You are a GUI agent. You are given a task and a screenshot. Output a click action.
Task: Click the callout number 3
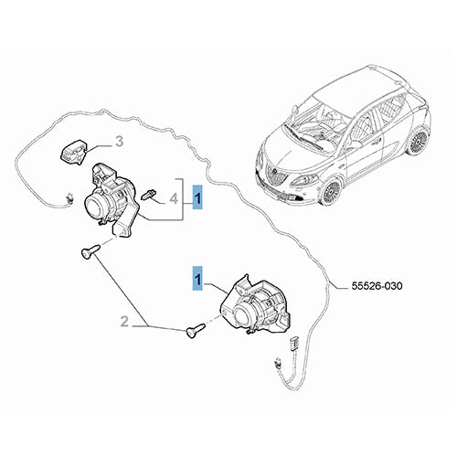(119, 142)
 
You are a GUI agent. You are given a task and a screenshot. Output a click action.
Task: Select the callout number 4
(174, 199)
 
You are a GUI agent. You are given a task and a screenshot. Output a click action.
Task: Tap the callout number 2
(124, 322)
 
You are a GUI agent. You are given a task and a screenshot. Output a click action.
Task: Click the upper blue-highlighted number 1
(197, 197)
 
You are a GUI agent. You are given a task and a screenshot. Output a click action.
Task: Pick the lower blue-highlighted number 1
(197, 278)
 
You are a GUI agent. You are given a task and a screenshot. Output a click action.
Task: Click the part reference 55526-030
(377, 286)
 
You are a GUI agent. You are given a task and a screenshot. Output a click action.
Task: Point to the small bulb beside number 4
(148, 194)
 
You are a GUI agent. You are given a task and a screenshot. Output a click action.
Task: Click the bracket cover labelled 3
(73, 152)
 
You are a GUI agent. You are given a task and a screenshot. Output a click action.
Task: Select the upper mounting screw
(90, 250)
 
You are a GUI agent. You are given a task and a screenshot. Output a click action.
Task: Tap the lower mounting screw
(196, 331)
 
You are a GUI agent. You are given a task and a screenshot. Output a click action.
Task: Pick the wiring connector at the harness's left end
(69, 198)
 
